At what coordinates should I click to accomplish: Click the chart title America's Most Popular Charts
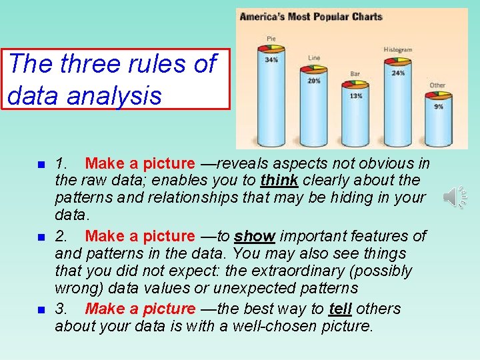[x=311, y=17]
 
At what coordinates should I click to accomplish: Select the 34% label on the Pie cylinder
[x=271, y=60]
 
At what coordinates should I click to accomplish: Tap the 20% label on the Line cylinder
[x=314, y=81]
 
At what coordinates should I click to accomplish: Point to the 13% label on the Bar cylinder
[x=355, y=96]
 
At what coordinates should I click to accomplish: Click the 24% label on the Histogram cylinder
[x=398, y=73]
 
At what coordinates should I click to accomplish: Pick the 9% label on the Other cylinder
[x=438, y=106]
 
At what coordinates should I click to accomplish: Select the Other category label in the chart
[x=437, y=85]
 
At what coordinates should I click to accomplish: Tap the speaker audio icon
[x=455, y=197]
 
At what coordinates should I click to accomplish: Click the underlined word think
[x=279, y=180]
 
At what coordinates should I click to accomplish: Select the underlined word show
[x=255, y=236]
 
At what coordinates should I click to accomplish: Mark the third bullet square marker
[x=41, y=310]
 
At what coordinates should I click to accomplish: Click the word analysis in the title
[x=119, y=95]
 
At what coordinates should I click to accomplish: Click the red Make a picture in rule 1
[x=140, y=163]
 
